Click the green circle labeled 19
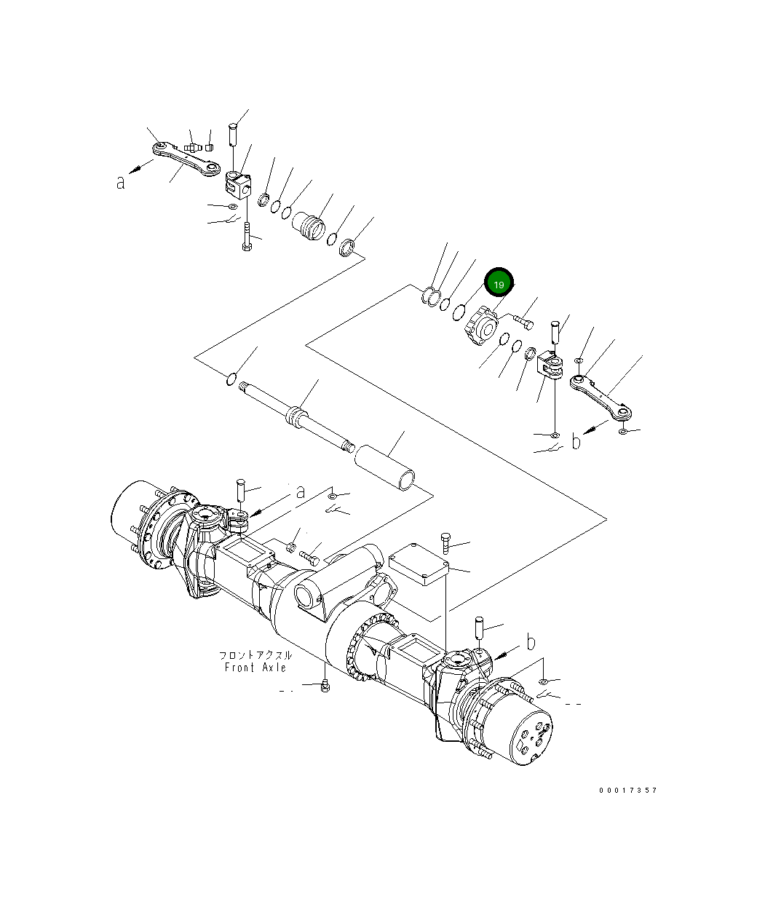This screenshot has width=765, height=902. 499,284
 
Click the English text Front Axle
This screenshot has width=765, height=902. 255,667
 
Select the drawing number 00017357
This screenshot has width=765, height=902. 628,791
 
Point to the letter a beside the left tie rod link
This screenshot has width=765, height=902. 121,182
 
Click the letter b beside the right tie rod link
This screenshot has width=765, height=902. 576,441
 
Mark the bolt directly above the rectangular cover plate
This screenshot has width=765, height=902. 445,542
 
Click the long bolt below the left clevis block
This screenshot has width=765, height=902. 247,237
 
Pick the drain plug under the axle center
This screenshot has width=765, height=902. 325,686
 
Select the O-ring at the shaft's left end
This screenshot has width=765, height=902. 231,379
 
